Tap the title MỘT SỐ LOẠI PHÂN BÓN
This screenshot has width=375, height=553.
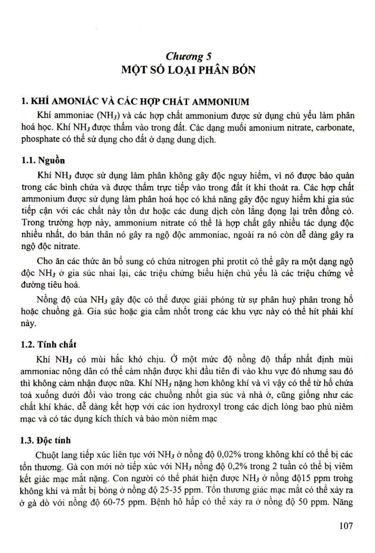pyautogui.click(x=188, y=70)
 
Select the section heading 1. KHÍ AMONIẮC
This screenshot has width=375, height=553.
pyautogui.click(x=135, y=102)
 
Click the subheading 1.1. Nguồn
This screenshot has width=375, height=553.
pyautogui.click(x=43, y=160)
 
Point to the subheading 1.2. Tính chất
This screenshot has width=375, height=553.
pyautogui.click(x=48, y=344)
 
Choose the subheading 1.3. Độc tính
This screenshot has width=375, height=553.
pyautogui.click(x=46, y=440)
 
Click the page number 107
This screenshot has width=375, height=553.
pyautogui.click(x=346, y=525)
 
